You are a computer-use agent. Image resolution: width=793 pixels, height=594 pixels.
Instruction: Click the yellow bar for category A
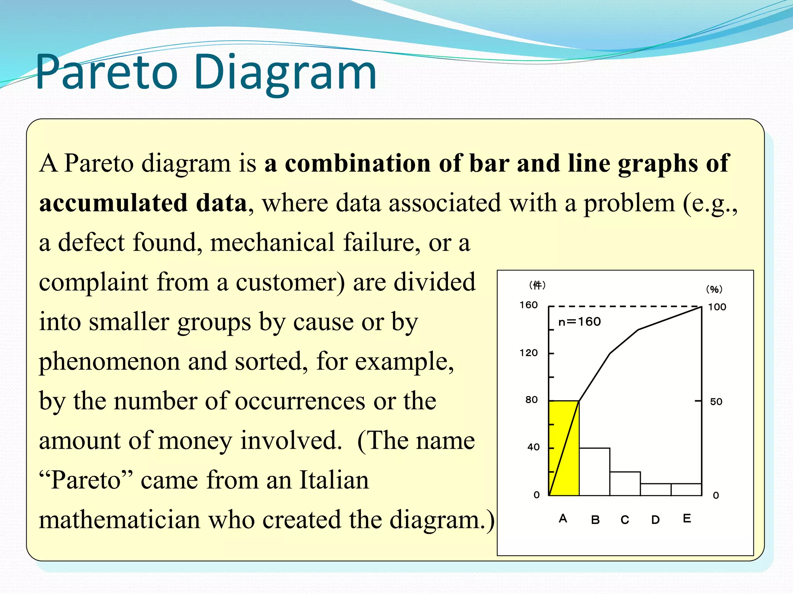[564, 449]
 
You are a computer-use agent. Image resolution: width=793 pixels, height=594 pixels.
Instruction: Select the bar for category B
[594, 472]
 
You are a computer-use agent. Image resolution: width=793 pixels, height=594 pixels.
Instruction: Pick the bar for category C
[625, 484]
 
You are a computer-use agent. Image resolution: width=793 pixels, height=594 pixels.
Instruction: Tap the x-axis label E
[687, 519]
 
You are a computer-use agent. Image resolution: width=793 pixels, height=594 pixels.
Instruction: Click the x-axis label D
[655, 520]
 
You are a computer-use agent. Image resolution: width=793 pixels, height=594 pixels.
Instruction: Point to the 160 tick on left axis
[529, 305]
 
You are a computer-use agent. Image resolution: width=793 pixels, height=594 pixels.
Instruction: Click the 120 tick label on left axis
[529, 353]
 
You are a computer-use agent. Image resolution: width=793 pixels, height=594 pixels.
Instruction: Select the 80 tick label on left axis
[531, 400]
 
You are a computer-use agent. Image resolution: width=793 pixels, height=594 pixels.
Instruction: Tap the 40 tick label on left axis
[533, 447]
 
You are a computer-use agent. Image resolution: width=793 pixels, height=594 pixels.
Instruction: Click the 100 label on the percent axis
[717, 307]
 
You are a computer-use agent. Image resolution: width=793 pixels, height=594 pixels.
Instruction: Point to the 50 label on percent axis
[716, 402]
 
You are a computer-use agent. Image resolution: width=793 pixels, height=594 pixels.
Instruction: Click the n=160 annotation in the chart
[579, 322]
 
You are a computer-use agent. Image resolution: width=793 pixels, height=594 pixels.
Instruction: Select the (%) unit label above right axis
[714, 289]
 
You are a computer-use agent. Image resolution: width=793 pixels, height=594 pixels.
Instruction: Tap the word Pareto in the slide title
[106, 73]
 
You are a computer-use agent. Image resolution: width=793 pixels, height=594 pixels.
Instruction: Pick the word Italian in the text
[334, 480]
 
